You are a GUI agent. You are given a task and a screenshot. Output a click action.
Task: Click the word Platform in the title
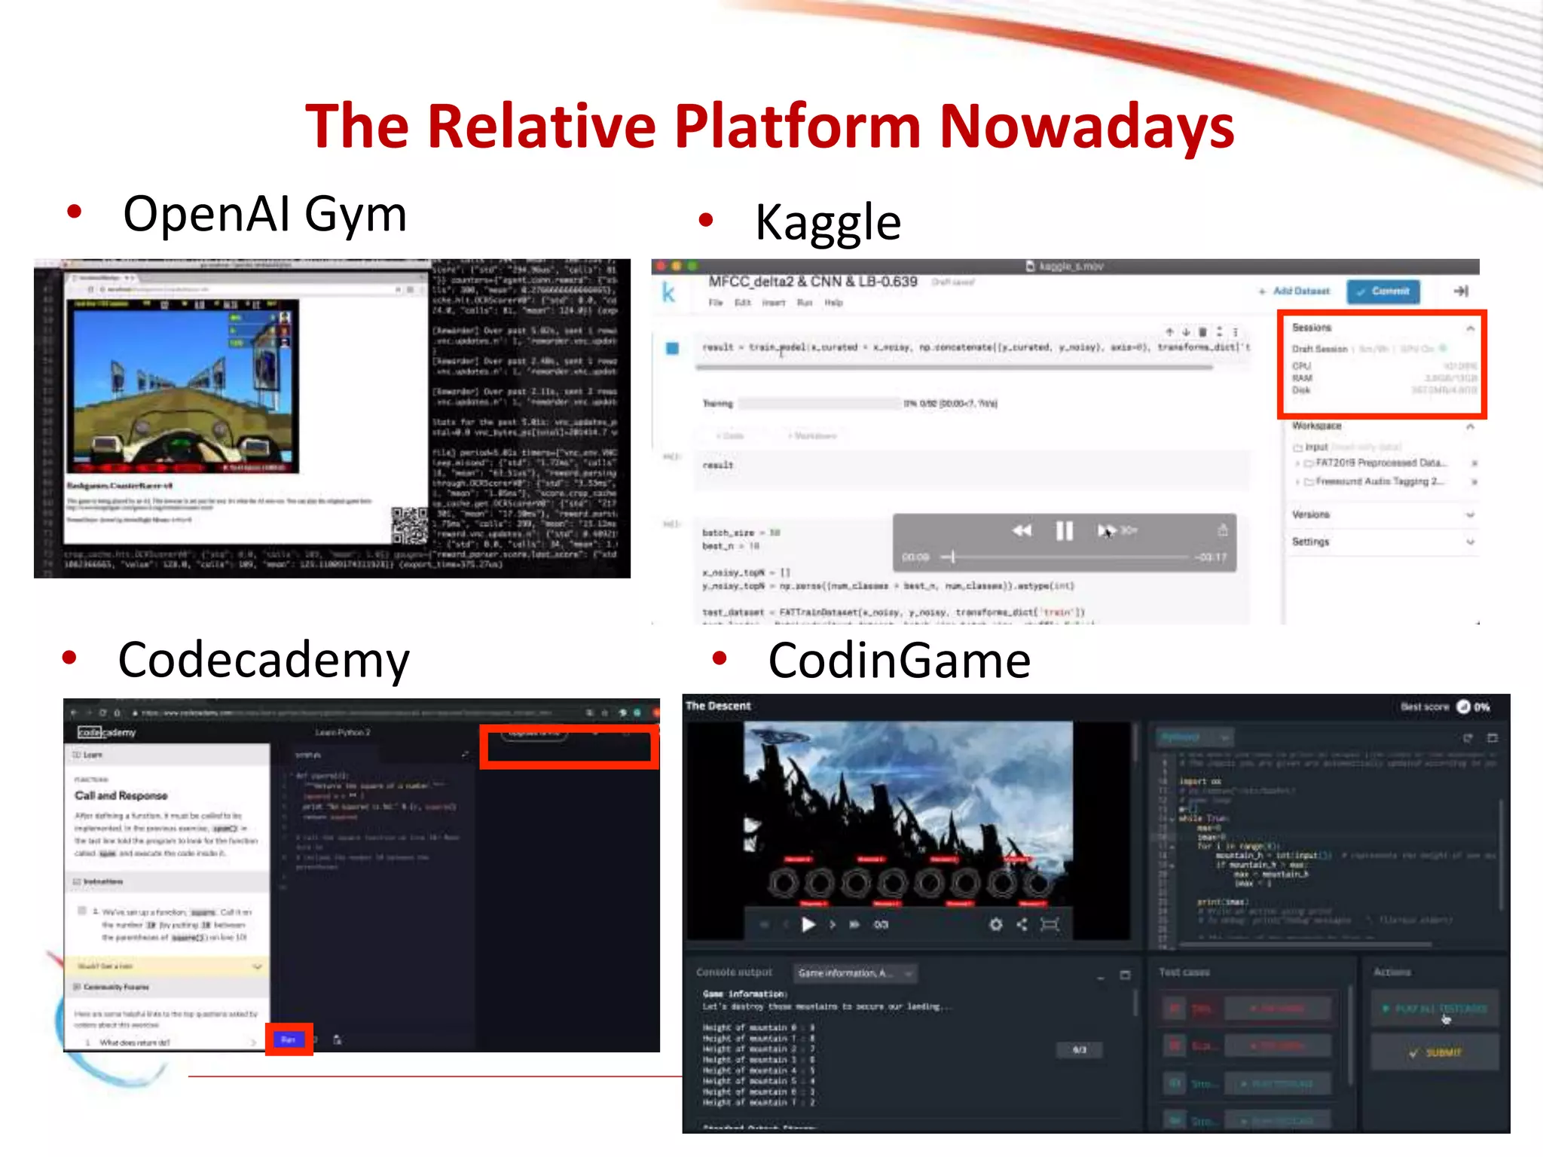[797, 126]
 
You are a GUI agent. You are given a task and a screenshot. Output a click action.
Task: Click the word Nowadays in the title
[1087, 126]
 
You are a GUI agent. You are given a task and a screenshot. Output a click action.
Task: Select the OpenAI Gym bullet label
[264, 214]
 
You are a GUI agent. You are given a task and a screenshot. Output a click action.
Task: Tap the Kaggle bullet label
[827, 222]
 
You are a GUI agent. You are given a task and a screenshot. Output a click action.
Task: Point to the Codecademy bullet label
[264, 660]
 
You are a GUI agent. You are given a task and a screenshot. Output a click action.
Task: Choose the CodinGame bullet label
[899, 661]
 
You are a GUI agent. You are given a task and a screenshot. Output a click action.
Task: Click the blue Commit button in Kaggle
[1383, 292]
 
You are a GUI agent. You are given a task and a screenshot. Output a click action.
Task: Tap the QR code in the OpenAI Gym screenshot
[409, 525]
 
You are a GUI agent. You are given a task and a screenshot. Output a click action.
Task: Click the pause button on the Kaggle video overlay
[1064, 531]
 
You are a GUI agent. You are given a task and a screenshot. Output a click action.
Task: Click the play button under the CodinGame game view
[808, 924]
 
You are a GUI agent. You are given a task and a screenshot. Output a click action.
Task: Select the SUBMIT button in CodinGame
[1435, 1052]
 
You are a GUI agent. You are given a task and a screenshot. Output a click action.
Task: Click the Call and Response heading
[121, 795]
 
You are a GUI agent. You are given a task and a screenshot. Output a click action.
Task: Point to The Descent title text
[718, 706]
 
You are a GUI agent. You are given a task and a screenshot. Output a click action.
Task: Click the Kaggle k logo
[668, 292]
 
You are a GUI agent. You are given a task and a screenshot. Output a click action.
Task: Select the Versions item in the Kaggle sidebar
[1311, 514]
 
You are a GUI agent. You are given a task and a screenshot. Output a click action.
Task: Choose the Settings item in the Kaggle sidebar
[1311, 542]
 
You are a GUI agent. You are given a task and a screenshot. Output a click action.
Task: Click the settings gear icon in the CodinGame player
[995, 924]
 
